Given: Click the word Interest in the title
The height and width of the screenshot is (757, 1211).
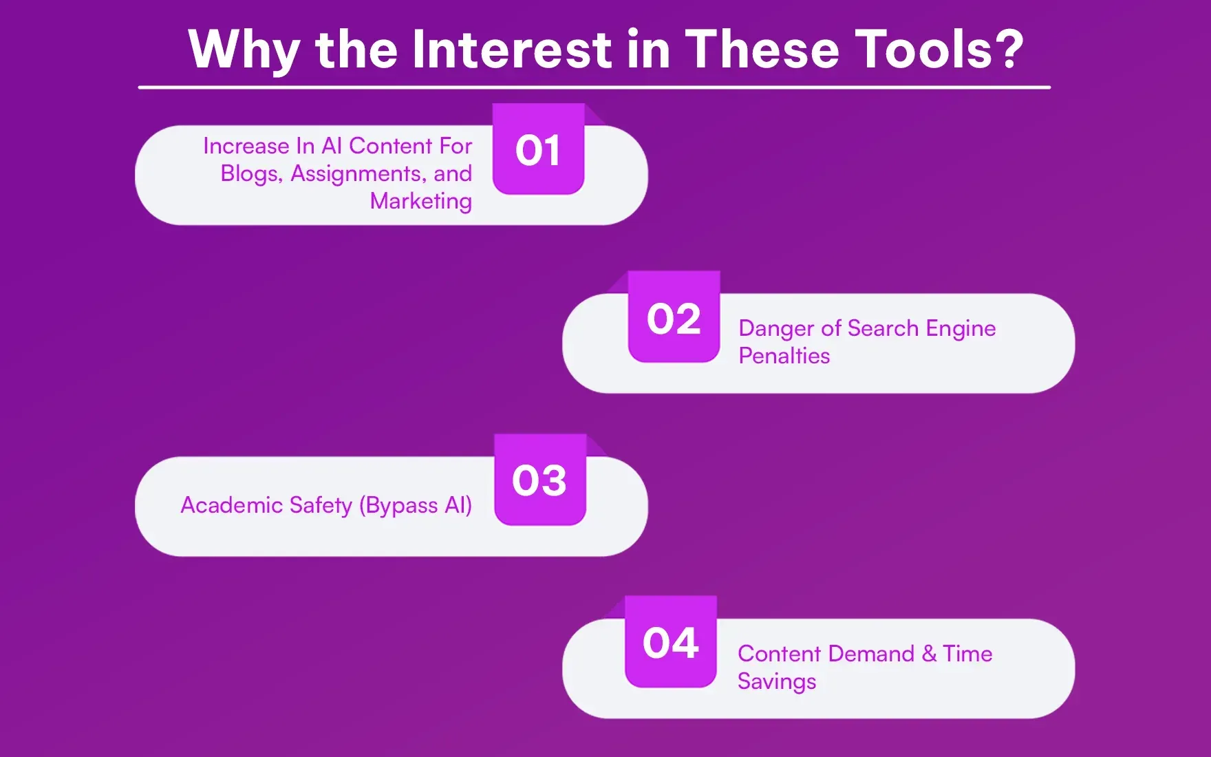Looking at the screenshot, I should tap(511, 50).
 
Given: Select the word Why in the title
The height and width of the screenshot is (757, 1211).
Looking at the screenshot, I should tap(244, 51).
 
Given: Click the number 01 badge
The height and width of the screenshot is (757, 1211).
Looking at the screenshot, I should tap(538, 150).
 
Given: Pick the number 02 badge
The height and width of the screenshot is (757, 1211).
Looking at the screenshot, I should tap(674, 319).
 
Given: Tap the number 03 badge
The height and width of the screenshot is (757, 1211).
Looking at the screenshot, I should tap(539, 480).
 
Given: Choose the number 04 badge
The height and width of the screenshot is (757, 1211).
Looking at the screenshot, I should tap(671, 643).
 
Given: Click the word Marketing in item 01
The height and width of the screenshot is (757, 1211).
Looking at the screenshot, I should tap(420, 201).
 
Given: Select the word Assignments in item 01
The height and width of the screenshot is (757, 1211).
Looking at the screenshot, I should tap(358, 174).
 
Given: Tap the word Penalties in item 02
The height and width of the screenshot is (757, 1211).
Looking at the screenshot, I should tap(784, 356).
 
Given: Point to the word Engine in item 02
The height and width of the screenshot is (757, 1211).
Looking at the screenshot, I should tap(961, 329).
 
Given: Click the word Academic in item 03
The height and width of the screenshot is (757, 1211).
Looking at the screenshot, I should tap(232, 506).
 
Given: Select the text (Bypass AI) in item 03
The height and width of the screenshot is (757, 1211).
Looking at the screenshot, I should tap(415, 506).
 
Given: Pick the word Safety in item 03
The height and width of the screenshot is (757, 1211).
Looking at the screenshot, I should tap(321, 506).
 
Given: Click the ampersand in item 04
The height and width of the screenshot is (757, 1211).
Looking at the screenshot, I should tap(929, 653).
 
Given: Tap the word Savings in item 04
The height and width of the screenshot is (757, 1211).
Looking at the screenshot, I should tap(776, 681).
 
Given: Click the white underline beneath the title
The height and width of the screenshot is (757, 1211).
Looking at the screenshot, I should tap(594, 87).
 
